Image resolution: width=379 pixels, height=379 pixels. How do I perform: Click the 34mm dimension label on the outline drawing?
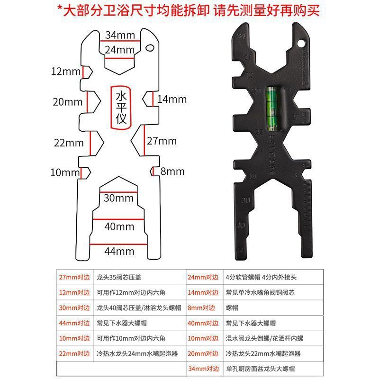[x=119, y=35]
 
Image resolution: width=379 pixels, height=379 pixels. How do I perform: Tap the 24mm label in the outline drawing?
[x=119, y=50]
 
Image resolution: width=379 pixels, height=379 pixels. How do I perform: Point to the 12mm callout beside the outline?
[x=66, y=72]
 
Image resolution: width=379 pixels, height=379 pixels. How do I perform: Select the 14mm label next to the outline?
[x=172, y=99]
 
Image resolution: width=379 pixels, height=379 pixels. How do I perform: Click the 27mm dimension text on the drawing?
[x=162, y=141]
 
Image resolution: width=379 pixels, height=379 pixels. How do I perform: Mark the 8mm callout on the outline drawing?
[x=172, y=171]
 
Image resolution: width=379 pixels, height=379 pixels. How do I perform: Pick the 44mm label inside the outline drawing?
[x=119, y=251]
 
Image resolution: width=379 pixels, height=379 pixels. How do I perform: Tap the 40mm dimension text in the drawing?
[x=119, y=226]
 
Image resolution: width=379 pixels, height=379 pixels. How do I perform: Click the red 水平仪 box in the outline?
[x=119, y=107]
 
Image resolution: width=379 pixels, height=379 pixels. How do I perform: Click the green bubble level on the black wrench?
[x=272, y=108]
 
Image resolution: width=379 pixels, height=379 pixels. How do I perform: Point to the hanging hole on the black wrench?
[x=299, y=45]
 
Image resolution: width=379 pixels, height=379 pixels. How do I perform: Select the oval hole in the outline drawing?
[x=150, y=47]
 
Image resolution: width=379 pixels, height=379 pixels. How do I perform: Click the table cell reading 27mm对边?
[x=74, y=278]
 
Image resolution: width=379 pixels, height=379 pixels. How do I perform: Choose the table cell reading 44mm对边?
[x=74, y=323]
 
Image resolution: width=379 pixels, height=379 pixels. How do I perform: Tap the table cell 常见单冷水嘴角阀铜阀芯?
[x=260, y=293]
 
